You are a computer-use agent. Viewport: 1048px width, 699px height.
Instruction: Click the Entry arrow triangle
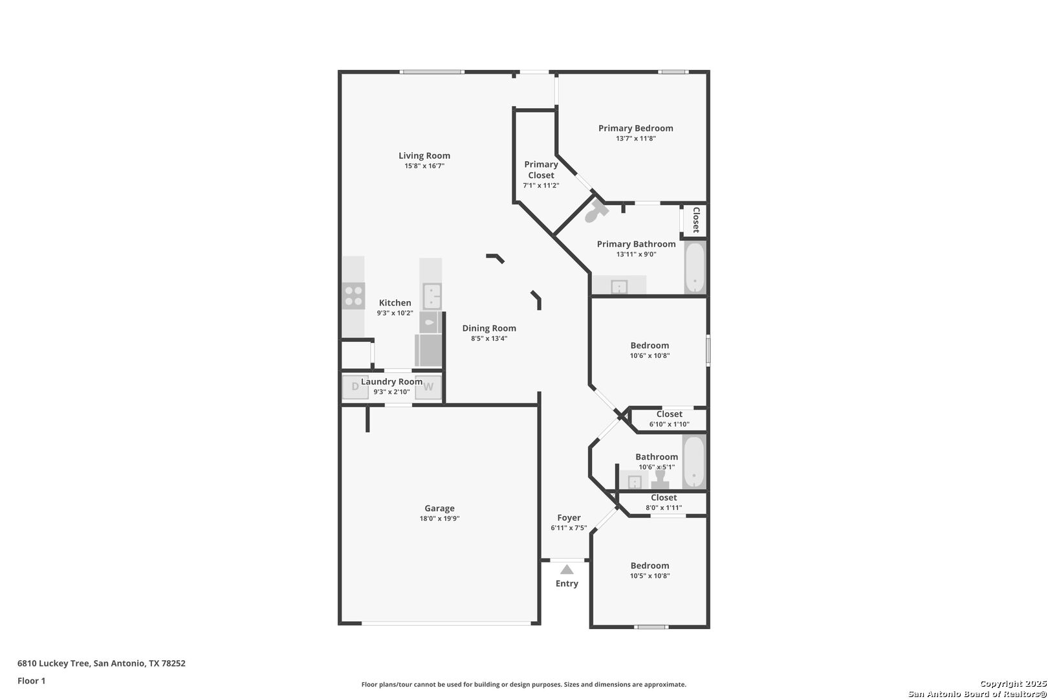567,570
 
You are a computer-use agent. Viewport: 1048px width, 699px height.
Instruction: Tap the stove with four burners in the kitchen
353,296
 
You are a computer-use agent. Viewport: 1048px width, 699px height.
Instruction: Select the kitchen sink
432,296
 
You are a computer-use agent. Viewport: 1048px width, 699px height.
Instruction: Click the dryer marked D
355,387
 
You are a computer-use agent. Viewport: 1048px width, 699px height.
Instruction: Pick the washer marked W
428,387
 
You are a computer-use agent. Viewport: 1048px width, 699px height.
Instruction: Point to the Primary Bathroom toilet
596,212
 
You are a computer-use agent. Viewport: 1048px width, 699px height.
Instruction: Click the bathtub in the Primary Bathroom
695,267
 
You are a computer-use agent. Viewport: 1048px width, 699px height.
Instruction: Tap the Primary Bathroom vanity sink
619,286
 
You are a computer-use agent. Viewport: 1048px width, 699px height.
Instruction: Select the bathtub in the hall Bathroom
693,462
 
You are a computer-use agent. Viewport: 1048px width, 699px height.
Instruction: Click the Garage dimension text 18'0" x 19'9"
439,519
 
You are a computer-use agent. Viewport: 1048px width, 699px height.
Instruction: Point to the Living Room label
424,155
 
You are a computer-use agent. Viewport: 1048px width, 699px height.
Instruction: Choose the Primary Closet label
541,170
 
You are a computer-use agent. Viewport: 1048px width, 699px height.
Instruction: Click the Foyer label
569,518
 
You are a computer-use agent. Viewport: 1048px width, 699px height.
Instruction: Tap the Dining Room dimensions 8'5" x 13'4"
489,338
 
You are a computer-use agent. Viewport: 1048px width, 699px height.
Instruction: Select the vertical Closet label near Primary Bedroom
695,219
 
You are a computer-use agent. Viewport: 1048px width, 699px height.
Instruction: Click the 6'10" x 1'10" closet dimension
669,424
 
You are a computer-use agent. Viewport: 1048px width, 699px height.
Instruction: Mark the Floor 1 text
31,681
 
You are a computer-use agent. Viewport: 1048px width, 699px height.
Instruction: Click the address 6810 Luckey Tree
53,663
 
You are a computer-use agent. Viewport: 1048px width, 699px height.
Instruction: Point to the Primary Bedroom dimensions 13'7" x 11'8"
636,139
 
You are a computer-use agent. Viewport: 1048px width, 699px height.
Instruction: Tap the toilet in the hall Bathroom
660,478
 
